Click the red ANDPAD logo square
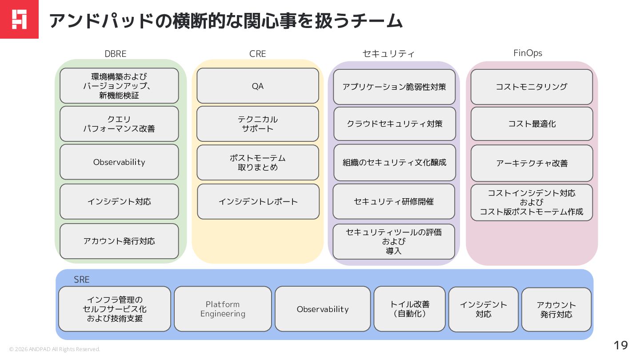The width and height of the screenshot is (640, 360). (19, 19)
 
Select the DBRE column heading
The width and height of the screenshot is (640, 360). (116, 54)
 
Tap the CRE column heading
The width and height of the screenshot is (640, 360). (257, 54)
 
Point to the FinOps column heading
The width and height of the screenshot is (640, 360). (528, 53)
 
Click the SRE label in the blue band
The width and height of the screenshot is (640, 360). (82, 280)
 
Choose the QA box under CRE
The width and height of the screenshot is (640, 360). (257, 86)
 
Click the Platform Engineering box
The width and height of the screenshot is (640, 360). (223, 309)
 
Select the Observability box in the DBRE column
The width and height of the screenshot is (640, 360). (119, 162)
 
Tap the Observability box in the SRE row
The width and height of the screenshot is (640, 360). (323, 309)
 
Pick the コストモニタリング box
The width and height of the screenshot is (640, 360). (532, 87)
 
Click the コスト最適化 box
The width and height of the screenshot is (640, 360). (532, 124)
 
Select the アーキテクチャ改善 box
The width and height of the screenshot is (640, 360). (532, 163)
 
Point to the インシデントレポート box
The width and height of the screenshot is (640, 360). (258, 202)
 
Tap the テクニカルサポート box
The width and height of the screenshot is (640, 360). (257, 124)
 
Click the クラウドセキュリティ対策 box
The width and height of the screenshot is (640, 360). (395, 124)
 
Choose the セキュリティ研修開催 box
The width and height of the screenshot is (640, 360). (394, 202)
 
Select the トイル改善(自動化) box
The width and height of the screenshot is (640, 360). (409, 309)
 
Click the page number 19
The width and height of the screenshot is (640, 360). (620, 345)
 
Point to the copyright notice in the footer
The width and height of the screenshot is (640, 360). (55, 349)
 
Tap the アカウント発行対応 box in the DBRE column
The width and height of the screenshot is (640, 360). (119, 241)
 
